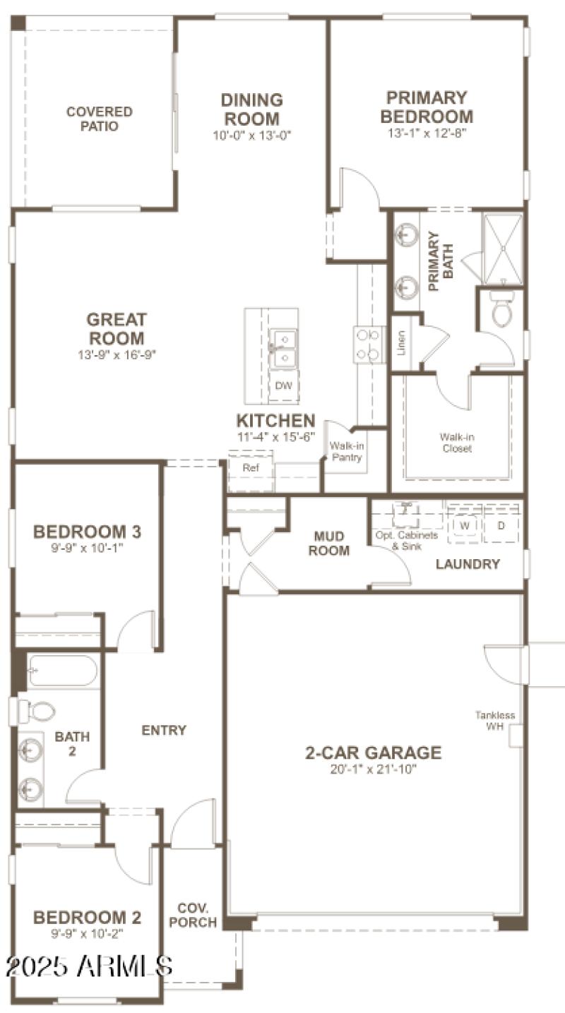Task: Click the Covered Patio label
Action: (x=99, y=119)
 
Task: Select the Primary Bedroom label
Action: (x=427, y=107)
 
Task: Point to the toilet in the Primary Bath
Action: (x=502, y=311)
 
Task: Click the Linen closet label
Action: (x=401, y=343)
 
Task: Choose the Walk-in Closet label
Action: (x=456, y=443)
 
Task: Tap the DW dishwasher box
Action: (x=283, y=385)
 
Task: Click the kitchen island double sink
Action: (x=283, y=349)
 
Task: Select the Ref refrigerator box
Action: (x=251, y=468)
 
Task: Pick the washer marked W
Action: (x=465, y=526)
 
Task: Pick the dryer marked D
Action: (x=501, y=526)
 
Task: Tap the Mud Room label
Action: (x=329, y=544)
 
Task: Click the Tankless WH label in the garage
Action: (x=495, y=721)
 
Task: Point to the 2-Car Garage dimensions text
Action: (x=372, y=769)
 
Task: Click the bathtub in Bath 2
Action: (x=63, y=671)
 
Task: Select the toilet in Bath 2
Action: (x=35, y=710)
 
